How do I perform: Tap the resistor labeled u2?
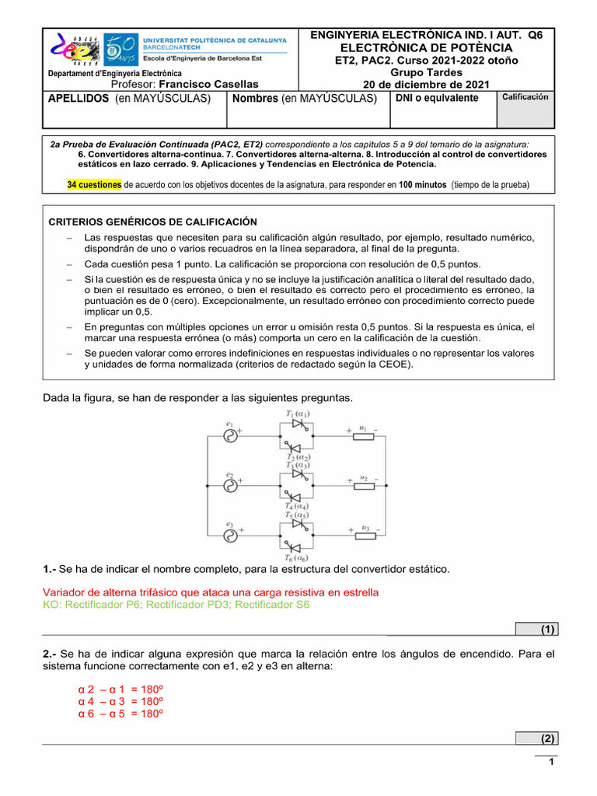[x=364, y=486]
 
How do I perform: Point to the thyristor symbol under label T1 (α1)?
[x=297, y=428]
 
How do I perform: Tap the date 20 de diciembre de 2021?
[x=427, y=84]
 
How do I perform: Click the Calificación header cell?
[x=525, y=97]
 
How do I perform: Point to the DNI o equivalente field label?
[x=437, y=98]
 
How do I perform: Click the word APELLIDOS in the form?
[x=78, y=99]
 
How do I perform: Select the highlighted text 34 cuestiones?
[x=94, y=185]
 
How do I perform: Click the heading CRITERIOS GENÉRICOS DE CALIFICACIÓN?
[x=153, y=222]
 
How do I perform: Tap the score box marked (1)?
[x=536, y=629]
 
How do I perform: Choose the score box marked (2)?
[x=536, y=738]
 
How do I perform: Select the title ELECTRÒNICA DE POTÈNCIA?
[x=426, y=48]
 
